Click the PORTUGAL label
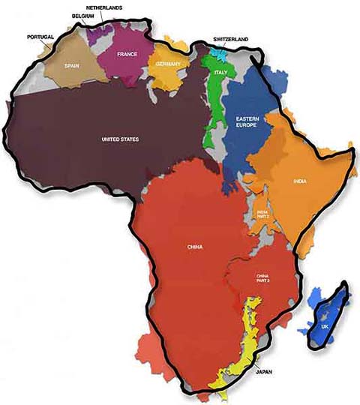(40, 36)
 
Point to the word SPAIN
(72, 65)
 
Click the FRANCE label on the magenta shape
(126, 54)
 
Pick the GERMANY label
(168, 64)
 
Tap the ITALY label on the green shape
(220, 72)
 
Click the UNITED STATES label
(121, 138)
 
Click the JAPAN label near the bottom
(264, 370)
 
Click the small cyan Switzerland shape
(217, 53)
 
